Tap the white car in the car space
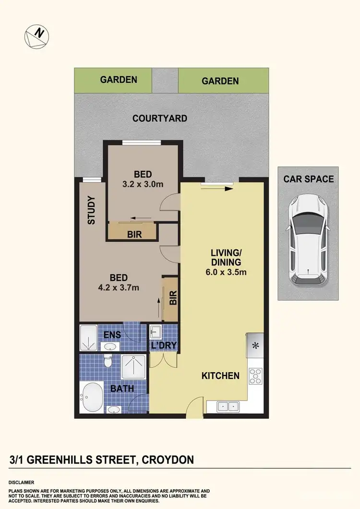pos(307,239)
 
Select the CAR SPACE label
pos(308,179)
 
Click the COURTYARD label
pos(160,118)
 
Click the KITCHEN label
pos(220,376)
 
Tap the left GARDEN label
pos(119,80)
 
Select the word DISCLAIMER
pos(21,482)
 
